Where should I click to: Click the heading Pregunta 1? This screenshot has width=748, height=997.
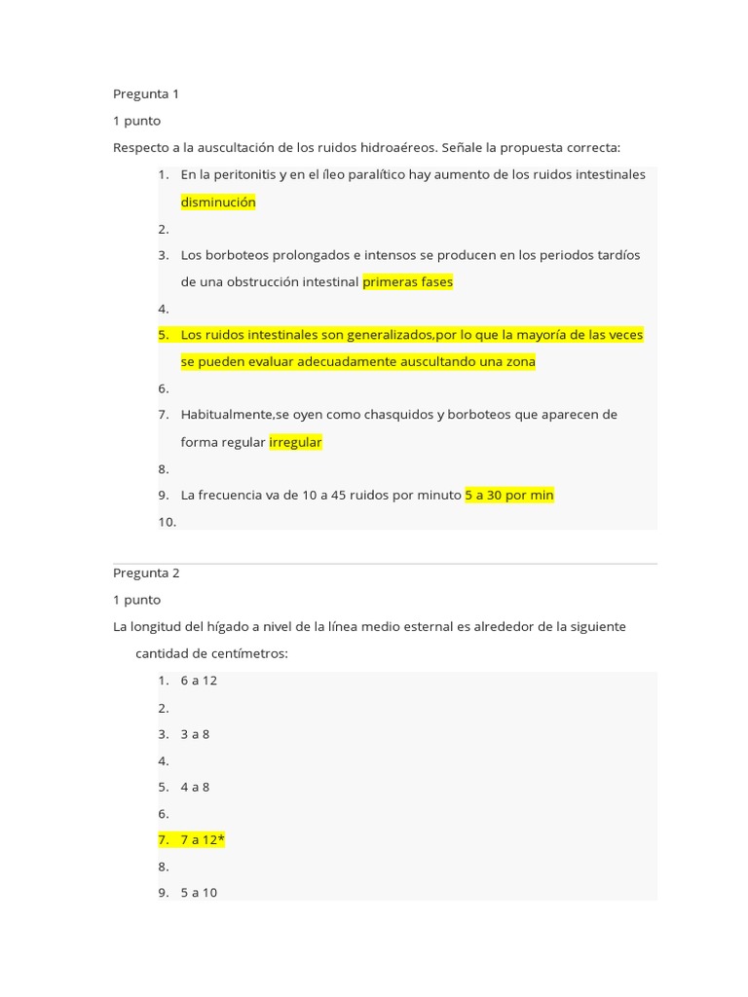point(146,94)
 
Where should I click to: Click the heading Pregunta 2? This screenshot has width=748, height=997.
point(146,573)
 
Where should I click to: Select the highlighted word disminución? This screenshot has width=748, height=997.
point(218,203)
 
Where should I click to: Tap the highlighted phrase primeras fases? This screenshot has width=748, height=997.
point(407,282)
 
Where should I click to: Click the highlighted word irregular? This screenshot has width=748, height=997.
point(295,442)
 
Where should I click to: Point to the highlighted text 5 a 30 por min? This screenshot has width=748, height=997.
point(509,495)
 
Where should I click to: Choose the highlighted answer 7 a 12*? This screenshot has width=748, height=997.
point(203,839)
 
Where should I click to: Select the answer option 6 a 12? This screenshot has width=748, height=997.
point(199,681)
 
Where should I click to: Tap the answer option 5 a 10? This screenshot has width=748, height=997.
point(199,892)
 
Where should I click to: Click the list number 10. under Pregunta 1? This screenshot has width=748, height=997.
point(167,522)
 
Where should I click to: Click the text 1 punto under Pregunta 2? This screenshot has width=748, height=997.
point(136,600)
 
